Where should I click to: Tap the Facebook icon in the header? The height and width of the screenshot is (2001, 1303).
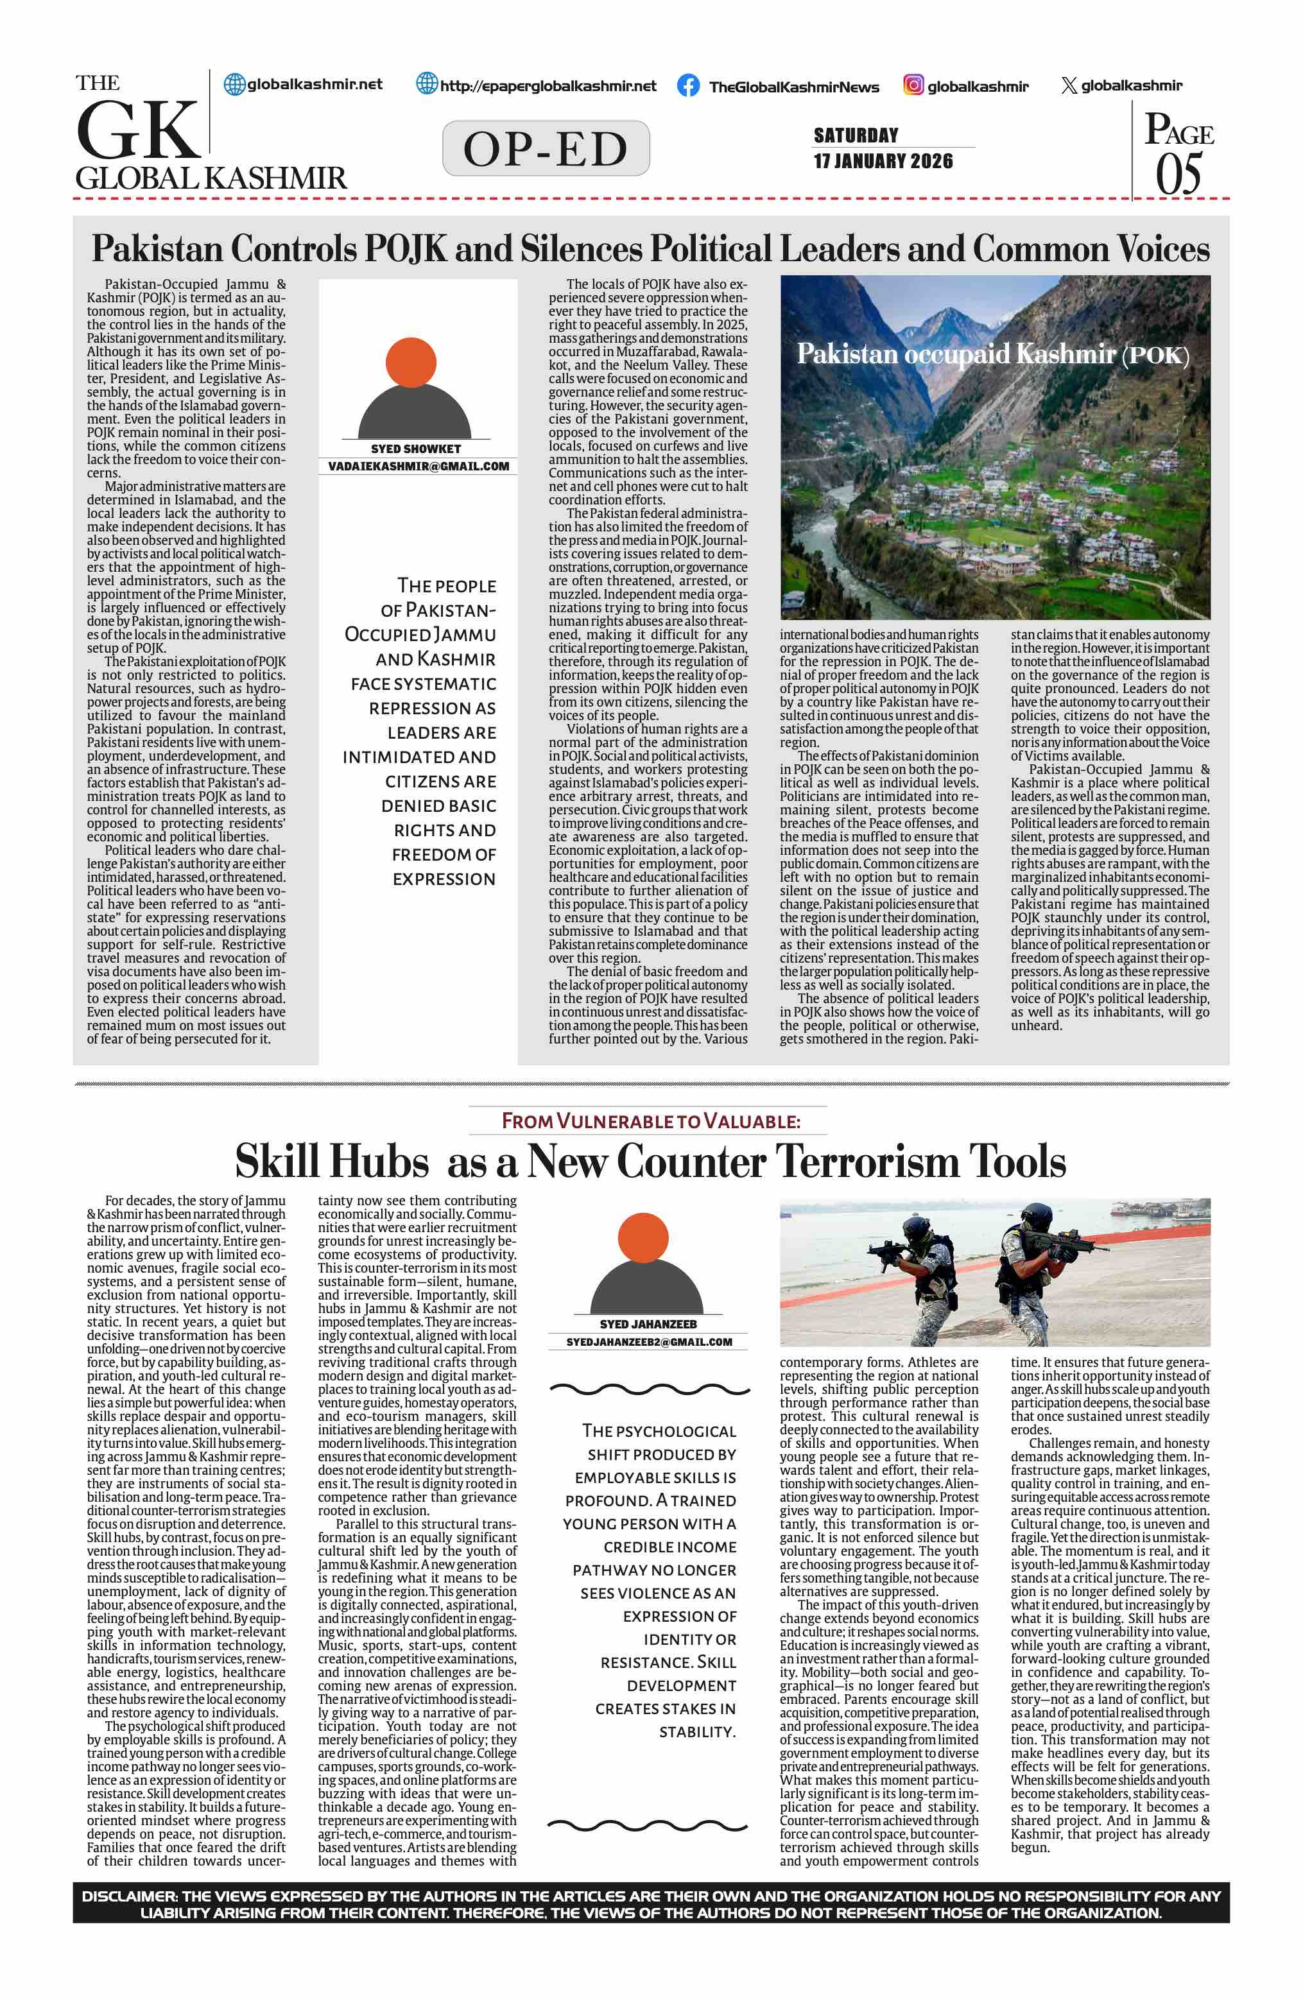[687, 86]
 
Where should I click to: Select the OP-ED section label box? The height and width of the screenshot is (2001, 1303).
[546, 149]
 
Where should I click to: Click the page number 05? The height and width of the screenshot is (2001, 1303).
[1178, 175]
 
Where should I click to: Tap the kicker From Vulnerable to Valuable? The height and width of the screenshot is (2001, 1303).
[651, 1121]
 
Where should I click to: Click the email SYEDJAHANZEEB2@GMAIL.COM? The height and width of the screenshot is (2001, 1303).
[649, 1342]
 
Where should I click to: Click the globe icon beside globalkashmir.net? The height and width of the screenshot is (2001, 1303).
[234, 84]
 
